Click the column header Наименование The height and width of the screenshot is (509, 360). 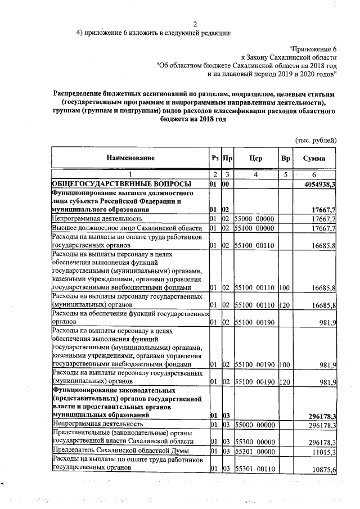pyautogui.click(x=129, y=159)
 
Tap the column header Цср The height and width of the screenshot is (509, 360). pyautogui.click(x=255, y=159)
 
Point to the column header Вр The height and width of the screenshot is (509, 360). pyautogui.click(x=285, y=159)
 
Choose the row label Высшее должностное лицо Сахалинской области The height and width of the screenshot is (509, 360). pyautogui.click(x=127, y=228)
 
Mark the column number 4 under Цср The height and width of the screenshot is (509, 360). pyautogui.click(x=255, y=175)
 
